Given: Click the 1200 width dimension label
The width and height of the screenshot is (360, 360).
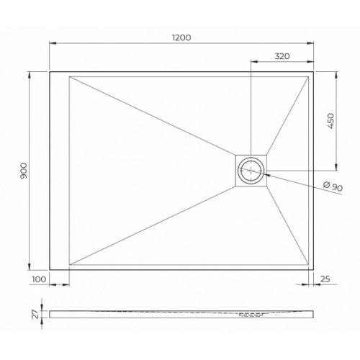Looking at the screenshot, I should pyautogui.click(x=181, y=37).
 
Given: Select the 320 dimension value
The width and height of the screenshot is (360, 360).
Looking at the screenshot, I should pyautogui.click(x=282, y=55).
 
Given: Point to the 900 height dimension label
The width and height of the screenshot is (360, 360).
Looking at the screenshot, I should pyautogui.click(x=23, y=170).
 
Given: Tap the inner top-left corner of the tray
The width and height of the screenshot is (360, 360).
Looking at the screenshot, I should pyautogui.click(x=69, y=77).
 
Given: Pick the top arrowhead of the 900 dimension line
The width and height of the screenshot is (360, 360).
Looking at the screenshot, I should pyautogui.click(x=30, y=74).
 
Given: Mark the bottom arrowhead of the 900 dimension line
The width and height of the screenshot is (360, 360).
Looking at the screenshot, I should pyautogui.click(x=30, y=267).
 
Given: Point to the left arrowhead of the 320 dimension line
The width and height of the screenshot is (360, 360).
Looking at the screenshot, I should pyautogui.click(x=253, y=61).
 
